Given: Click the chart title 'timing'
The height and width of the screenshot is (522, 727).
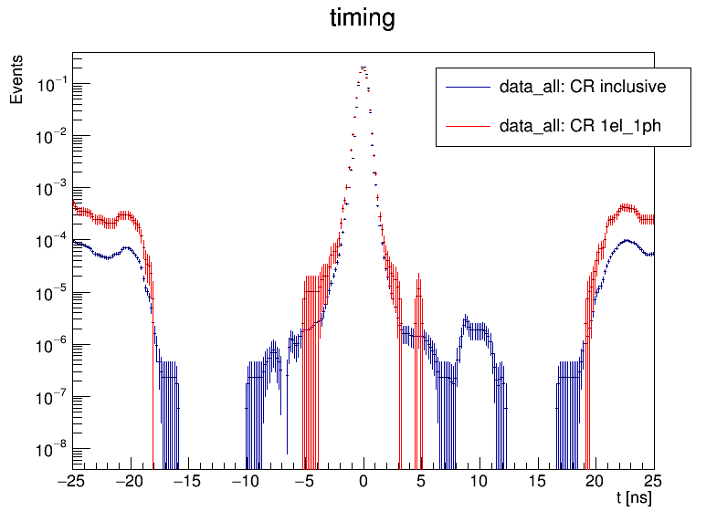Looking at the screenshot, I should coord(363,19).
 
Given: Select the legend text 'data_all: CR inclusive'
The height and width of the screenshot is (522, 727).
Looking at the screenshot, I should coord(582,88).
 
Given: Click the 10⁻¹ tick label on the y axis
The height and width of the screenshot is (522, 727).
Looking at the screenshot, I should coord(52,84).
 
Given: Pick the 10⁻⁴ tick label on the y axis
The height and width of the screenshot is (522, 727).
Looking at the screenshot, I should coord(52,240).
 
